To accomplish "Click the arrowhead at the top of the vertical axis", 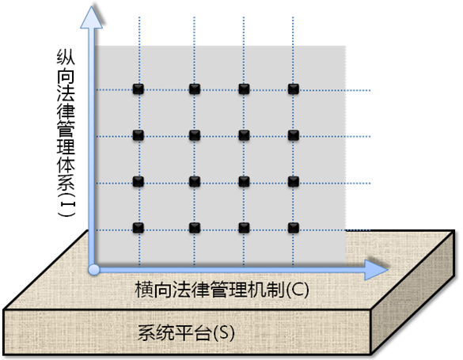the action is pyautogui.click(x=92, y=18).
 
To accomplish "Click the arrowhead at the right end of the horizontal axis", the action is pyautogui.click(x=376, y=270).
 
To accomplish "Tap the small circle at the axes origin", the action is pyautogui.click(x=94, y=270).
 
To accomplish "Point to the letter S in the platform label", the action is pyautogui.click(x=223, y=333).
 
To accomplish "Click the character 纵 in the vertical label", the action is pyautogui.click(x=66, y=56).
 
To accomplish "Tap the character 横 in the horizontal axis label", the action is pyautogui.click(x=144, y=290).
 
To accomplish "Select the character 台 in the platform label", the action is pyautogui.click(x=202, y=333).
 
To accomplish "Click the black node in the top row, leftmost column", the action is pyautogui.click(x=139, y=89).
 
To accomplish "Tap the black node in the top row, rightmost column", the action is pyautogui.click(x=293, y=89).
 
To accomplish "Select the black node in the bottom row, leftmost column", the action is pyautogui.click(x=139, y=228).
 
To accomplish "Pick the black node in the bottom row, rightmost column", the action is pyautogui.click(x=293, y=228).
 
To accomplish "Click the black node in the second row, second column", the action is pyautogui.click(x=194, y=135).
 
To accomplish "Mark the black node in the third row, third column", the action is pyautogui.click(x=244, y=182).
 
